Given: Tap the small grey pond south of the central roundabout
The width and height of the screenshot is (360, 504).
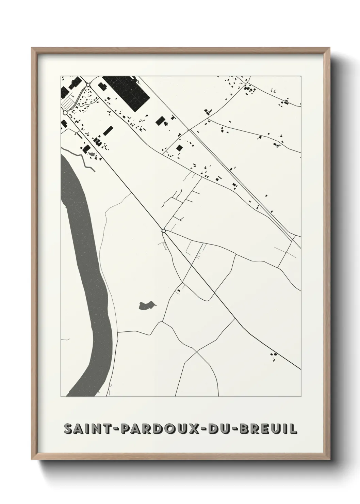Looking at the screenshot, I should click(147, 305).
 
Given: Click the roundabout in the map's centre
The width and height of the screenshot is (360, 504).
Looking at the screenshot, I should click(164, 231).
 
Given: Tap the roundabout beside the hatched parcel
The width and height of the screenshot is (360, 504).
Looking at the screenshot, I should click(65, 112).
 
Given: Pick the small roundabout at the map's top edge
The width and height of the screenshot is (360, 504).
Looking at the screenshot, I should click(88, 84).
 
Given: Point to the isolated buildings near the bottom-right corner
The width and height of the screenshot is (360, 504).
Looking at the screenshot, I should click(274, 357).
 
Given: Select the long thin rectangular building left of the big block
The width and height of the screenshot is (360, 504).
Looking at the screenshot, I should click(108, 131).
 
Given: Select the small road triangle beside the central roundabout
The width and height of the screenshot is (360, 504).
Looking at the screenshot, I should click(166, 245).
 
